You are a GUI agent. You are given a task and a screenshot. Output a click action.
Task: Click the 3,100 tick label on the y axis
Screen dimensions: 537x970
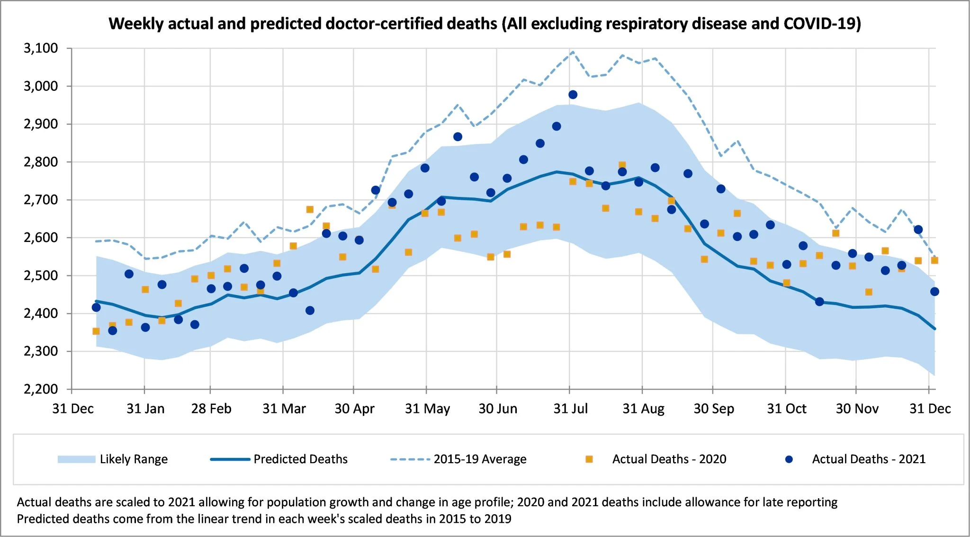41,48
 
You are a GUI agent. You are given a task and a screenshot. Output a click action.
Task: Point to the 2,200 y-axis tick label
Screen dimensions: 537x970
41,389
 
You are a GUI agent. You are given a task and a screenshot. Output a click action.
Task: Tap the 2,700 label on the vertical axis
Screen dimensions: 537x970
41,199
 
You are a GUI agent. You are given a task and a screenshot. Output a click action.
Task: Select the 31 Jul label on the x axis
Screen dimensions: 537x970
570,409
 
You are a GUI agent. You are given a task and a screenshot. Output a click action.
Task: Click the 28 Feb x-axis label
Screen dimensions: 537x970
211,409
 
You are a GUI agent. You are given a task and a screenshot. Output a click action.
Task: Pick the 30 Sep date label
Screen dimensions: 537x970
714,409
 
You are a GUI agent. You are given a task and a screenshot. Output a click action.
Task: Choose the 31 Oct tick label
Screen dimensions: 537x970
787,409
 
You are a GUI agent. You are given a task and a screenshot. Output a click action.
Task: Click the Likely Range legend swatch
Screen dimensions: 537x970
76,459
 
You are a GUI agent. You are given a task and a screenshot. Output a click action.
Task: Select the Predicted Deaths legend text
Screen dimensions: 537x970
300,459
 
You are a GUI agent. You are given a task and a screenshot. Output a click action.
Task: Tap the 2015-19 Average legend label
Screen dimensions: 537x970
480,459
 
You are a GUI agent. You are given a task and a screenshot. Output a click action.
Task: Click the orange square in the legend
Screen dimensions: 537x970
589,459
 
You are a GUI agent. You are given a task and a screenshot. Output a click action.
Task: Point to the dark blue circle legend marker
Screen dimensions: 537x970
789,459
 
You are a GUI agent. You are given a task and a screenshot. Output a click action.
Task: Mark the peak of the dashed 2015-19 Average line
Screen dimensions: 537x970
573,52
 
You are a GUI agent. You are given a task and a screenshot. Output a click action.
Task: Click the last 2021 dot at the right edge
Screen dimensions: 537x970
934,292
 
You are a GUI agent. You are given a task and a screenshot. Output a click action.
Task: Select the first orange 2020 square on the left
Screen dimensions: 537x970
96,331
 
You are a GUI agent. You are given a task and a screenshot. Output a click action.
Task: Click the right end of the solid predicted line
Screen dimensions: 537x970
935,329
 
